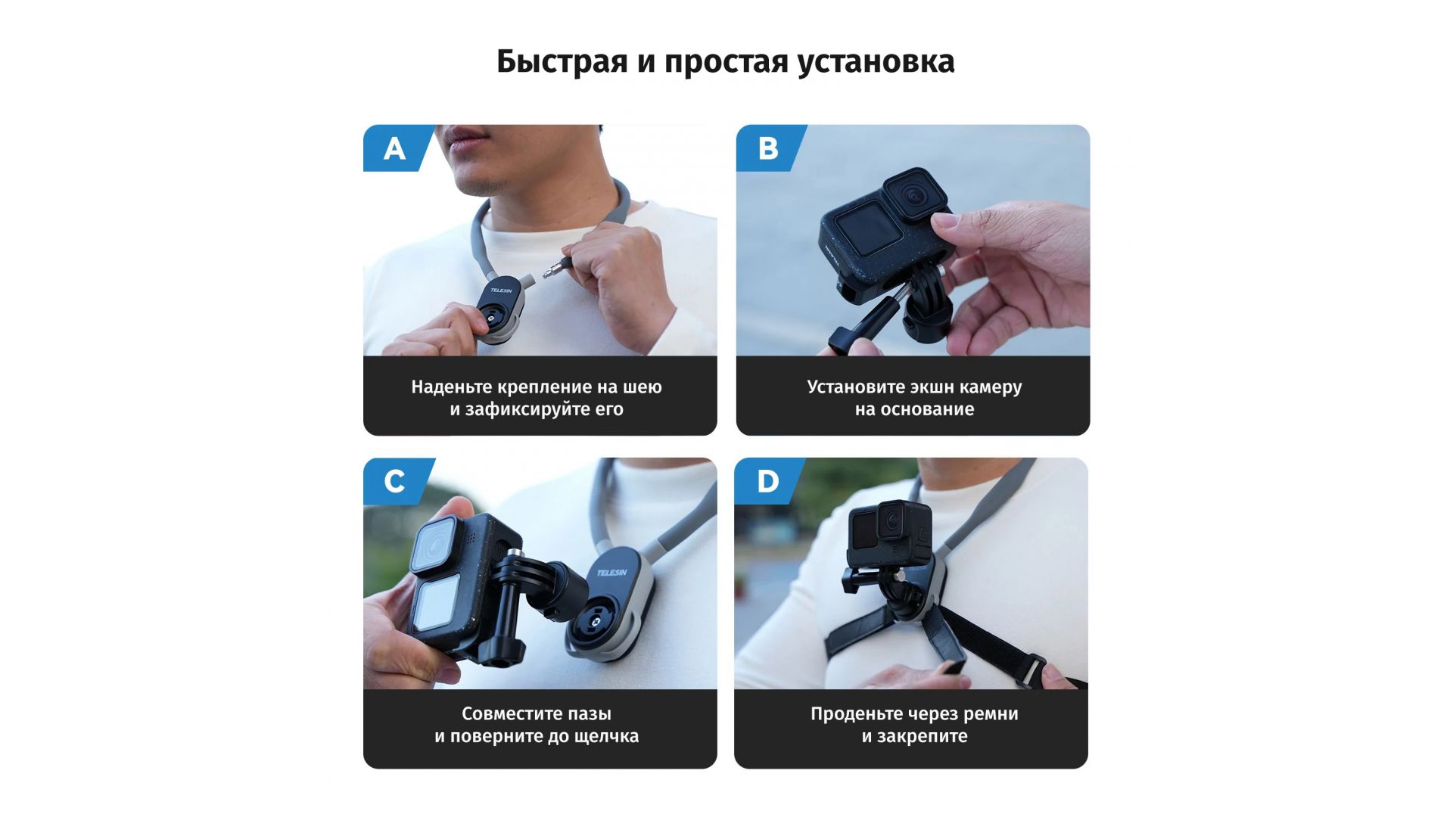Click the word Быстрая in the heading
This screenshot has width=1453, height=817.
click(x=562, y=61)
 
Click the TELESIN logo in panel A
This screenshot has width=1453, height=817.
click(x=501, y=290)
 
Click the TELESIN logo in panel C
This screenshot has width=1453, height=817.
click(x=611, y=573)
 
